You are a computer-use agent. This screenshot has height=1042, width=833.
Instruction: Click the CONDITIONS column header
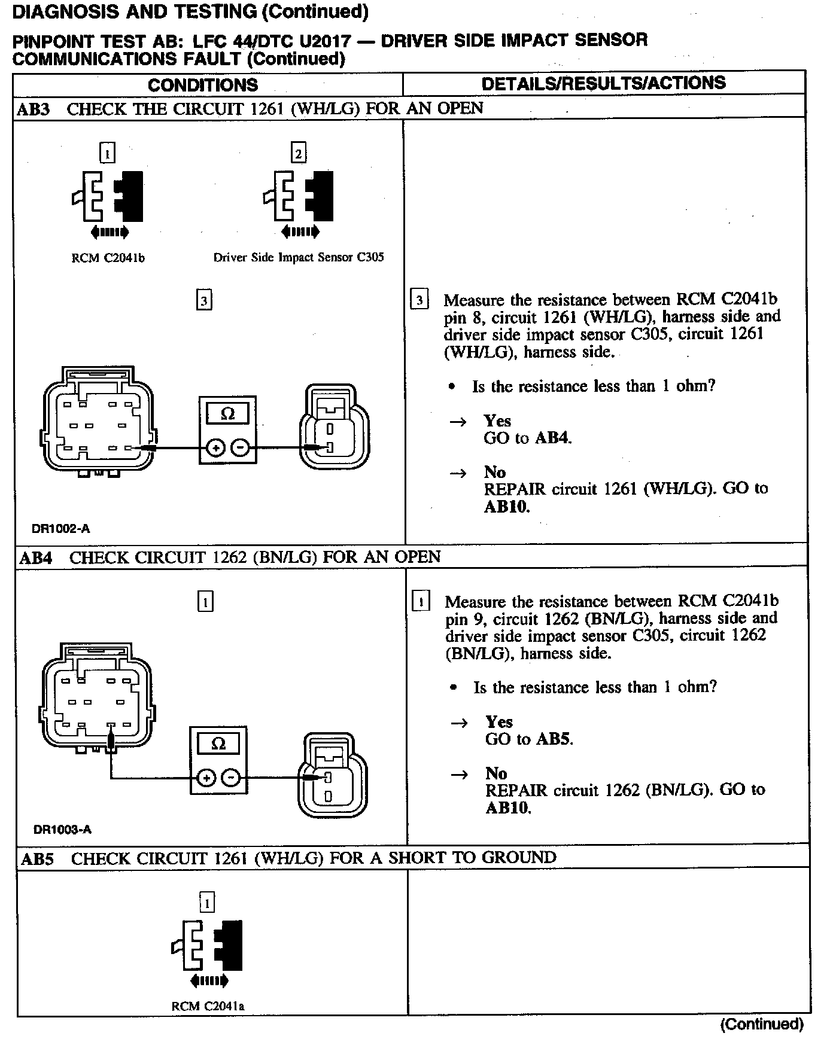pos(203,85)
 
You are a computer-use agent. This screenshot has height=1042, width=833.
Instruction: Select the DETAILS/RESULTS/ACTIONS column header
pos(603,83)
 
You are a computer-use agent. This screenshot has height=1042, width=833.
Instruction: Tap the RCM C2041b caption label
pos(108,258)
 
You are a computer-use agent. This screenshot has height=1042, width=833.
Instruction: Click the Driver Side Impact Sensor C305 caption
pos(299,258)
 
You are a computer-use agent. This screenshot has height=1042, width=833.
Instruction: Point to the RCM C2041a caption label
pos(208,1006)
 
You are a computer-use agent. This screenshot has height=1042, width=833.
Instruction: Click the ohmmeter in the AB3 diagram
pos(227,429)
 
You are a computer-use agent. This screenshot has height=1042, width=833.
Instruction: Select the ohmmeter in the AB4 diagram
pos(218,760)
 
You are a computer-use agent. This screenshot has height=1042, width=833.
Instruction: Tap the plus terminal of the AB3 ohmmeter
pos(215,447)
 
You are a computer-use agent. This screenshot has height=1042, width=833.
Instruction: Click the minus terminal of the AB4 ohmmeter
pos(231,778)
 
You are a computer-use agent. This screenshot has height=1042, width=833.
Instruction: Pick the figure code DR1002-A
pos(61,529)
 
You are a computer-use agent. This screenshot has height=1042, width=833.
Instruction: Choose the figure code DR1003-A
pos(62,830)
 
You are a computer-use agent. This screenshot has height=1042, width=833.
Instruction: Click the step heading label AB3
pos(34,109)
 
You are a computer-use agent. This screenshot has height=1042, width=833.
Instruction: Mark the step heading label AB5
pos(37,860)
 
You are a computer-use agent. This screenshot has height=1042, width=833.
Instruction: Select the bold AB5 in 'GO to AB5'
pos(554,739)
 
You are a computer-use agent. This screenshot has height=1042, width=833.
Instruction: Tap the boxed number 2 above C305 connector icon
pos(298,154)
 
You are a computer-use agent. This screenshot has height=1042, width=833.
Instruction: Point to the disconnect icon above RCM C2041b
pos(108,197)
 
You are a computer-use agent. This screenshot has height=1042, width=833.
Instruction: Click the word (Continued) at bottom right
pos(761,1025)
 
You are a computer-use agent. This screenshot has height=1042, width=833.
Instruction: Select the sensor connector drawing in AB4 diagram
pos(332,775)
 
